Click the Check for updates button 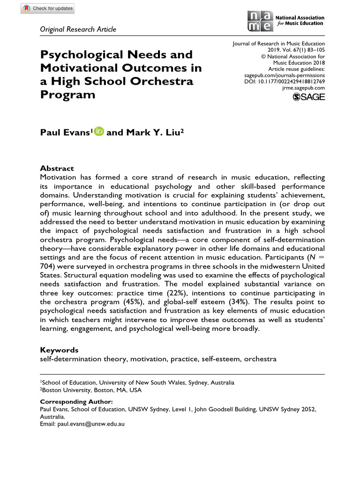(x=47, y=9)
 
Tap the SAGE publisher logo (x=308, y=97)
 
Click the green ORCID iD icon (x=98, y=132)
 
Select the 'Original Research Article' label (x=78, y=30)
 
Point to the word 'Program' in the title (x=68, y=94)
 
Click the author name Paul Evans (x=65, y=133)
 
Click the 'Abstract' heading (x=57, y=168)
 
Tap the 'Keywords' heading (x=59, y=350)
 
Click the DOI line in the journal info (x=285, y=81)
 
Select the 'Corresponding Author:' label (x=76, y=402)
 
